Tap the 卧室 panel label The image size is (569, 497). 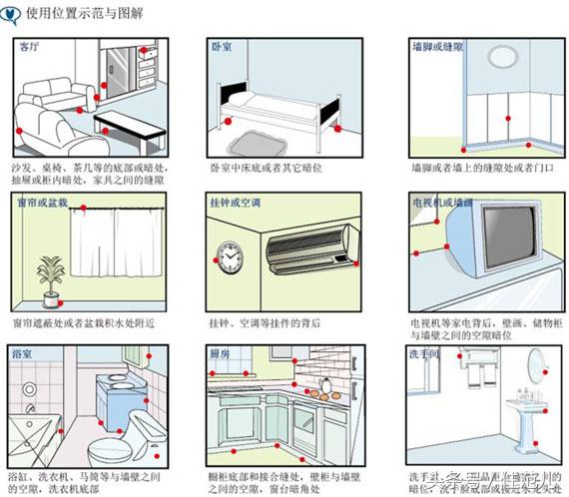pyautogui.click(x=222, y=47)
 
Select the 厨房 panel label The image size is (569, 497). pyautogui.click(x=222, y=353)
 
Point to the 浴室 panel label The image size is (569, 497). pyautogui.click(x=21, y=353)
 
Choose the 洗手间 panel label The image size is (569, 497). pyautogui.click(x=424, y=353)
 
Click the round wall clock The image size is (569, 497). pyautogui.click(x=229, y=259)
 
